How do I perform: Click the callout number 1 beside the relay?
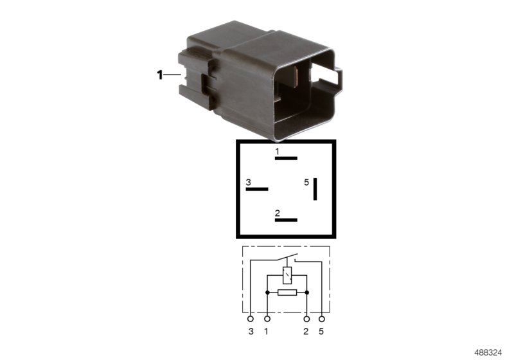pyautogui.click(x=159, y=75)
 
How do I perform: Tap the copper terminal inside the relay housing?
pyautogui.click(x=296, y=77)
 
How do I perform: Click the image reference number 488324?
pyautogui.click(x=488, y=352)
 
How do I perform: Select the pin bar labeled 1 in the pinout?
pyautogui.click(x=286, y=158)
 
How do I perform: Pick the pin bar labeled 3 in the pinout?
pyautogui.click(x=257, y=189)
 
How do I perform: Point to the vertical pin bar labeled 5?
pyautogui.click(x=315, y=189)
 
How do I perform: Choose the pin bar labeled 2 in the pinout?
pyautogui.click(x=286, y=220)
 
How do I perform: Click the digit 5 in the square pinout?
pyautogui.click(x=306, y=183)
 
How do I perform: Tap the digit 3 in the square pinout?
pyautogui.click(x=248, y=183)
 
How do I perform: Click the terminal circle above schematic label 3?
pyautogui.click(x=251, y=319)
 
